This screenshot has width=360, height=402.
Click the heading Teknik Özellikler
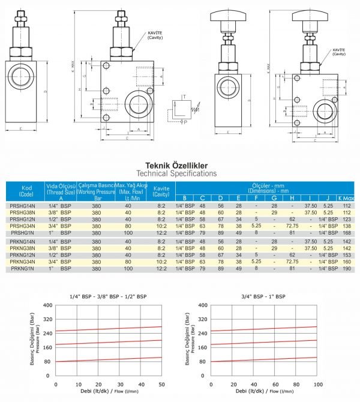pyautogui.click(x=181, y=164)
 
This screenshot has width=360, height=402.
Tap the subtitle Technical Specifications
pyautogui.click(x=181, y=173)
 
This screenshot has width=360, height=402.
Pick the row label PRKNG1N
pyautogui.click(x=22, y=269)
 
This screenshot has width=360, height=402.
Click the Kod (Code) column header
pyautogui.click(x=26, y=190)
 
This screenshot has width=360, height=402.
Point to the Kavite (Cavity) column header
pyautogui.click(x=161, y=190)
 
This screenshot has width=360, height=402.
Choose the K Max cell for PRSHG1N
pyautogui.click(x=346, y=233)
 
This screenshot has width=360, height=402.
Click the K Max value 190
pyautogui.click(x=346, y=269)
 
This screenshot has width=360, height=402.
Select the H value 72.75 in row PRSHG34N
pyautogui.click(x=292, y=226)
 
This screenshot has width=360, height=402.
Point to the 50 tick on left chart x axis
pyautogui.click(x=161, y=384)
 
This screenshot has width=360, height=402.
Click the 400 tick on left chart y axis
pyautogui.click(x=48, y=305)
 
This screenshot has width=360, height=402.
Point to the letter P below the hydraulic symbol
pyautogui.click(x=186, y=122)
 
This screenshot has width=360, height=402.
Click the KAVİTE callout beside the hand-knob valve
pyautogui.click(x=338, y=52)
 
